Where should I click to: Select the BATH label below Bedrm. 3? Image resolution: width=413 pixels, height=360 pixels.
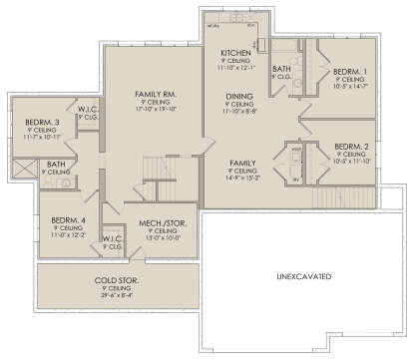[x=56, y=165]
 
